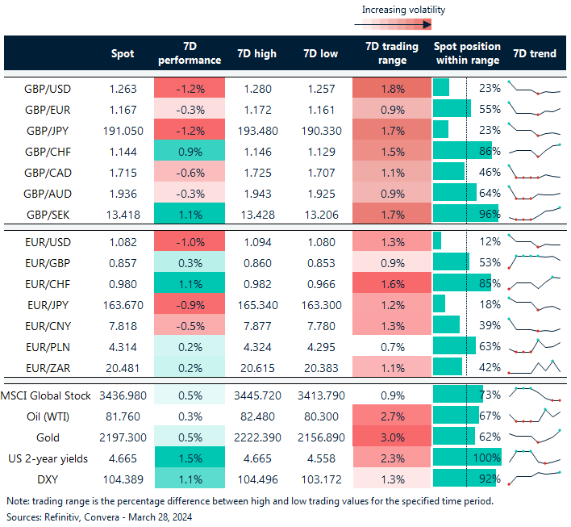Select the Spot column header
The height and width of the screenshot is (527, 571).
click(x=123, y=53)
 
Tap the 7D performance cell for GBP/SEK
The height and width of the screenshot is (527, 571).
click(x=190, y=213)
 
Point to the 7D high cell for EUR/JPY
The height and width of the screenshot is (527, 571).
click(x=256, y=303)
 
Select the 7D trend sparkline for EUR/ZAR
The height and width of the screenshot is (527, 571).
click(x=534, y=366)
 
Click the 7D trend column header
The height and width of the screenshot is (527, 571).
click(x=534, y=53)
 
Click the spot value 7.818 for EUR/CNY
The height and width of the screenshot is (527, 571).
click(x=123, y=324)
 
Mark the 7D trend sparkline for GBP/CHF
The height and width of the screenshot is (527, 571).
click(x=534, y=150)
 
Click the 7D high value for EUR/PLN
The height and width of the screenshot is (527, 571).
click(x=256, y=345)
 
